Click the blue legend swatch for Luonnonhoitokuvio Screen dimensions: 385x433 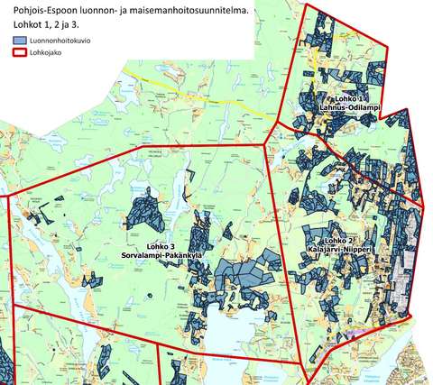[19, 41]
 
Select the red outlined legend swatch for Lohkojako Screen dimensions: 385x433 [19, 53]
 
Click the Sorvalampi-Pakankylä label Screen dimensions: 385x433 [174, 255]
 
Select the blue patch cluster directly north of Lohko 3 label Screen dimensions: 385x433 [144, 212]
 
